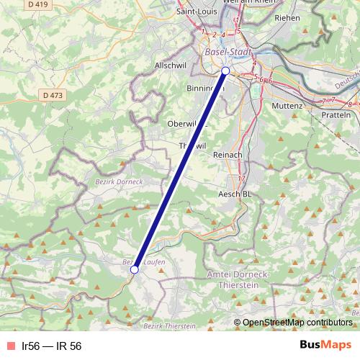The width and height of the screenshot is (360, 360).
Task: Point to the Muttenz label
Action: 269,105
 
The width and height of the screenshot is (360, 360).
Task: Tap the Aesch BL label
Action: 235,194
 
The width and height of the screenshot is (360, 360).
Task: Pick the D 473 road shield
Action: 53,94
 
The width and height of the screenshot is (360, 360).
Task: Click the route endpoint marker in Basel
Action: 225,71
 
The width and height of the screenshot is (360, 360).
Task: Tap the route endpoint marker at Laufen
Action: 135,269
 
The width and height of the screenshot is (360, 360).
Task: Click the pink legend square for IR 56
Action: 9,346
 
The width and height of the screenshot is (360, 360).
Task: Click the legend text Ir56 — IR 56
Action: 51,346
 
